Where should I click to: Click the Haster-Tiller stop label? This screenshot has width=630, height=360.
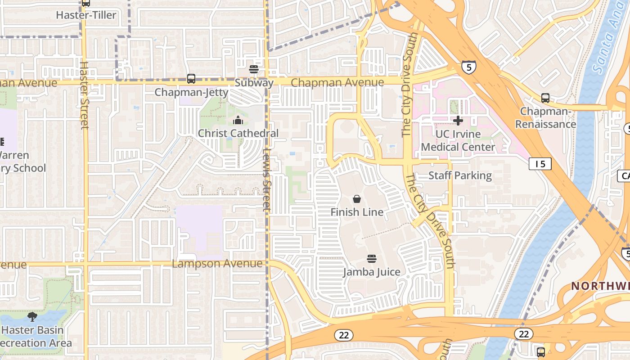pyautogui.click(x=86, y=15)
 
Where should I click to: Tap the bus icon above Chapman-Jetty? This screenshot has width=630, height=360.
pyautogui.click(x=191, y=79)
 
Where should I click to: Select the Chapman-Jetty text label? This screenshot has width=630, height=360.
pyautogui.click(x=191, y=92)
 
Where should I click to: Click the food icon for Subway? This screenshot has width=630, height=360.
pyautogui.click(x=254, y=69)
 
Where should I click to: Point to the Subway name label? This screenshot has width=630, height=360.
pyautogui.click(x=254, y=83)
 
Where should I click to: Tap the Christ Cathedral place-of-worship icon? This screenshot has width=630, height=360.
pyautogui.click(x=238, y=120)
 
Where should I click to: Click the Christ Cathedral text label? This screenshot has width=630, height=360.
pyautogui.click(x=238, y=133)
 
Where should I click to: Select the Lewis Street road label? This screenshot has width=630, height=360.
pyautogui.click(x=266, y=180)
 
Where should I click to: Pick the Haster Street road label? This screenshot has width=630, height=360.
pyautogui.click(x=84, y=95)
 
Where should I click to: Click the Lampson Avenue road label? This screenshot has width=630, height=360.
pyautogui.click(x=217, y=263)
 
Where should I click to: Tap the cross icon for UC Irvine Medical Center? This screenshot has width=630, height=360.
pyautogui.click(x=458, y=121)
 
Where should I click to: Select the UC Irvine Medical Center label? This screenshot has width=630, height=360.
pyautogui.click(x=458, y=140)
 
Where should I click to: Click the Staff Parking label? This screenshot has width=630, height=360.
pyautogui.click(x=460, y=175)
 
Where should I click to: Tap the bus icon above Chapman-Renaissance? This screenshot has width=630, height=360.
pyautogui.click(x=545, y=98)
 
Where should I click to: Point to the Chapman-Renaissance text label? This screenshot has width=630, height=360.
pyautogui.click(x=545, y=117)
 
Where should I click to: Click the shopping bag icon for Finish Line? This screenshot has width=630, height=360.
pyautogui.click(x=357, y=199)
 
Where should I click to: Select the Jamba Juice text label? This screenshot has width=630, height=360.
pyautogui.click(x=371, y=272)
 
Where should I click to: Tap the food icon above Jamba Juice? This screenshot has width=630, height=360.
pyautogui.click(x=371, y=259)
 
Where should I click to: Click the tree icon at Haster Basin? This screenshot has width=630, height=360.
pyautogui.click(x=32, y=317)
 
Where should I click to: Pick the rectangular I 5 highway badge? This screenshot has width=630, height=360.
pyautogui.click(x=540, y=164)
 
